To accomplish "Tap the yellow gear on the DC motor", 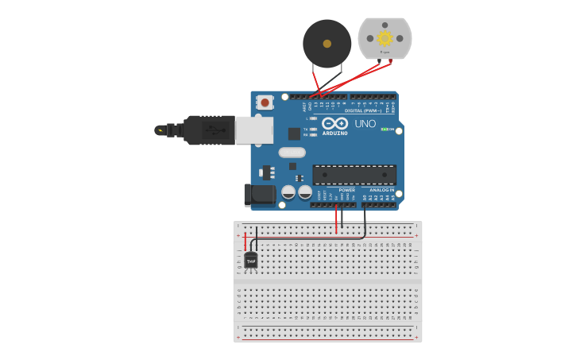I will click(385, 37).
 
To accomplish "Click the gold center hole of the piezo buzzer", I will click(327, 44).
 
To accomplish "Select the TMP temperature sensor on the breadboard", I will click(251, 260).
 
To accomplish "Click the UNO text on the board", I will click(365, 124).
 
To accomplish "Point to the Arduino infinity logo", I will click(334, 123).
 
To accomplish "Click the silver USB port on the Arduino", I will click(254, 130).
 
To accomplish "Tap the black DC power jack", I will click(259, 194).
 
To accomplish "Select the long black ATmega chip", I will click(354, 175).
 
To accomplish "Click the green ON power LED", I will click(384, 129).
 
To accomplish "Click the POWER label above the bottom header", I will click(346, 190).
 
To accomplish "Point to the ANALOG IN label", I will click(381, 190).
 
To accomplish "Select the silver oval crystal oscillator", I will click(292, 152).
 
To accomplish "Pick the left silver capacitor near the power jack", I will click(288, 192).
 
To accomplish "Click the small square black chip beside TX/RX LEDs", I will click(294, 134).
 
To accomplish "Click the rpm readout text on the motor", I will click(385, 52).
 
